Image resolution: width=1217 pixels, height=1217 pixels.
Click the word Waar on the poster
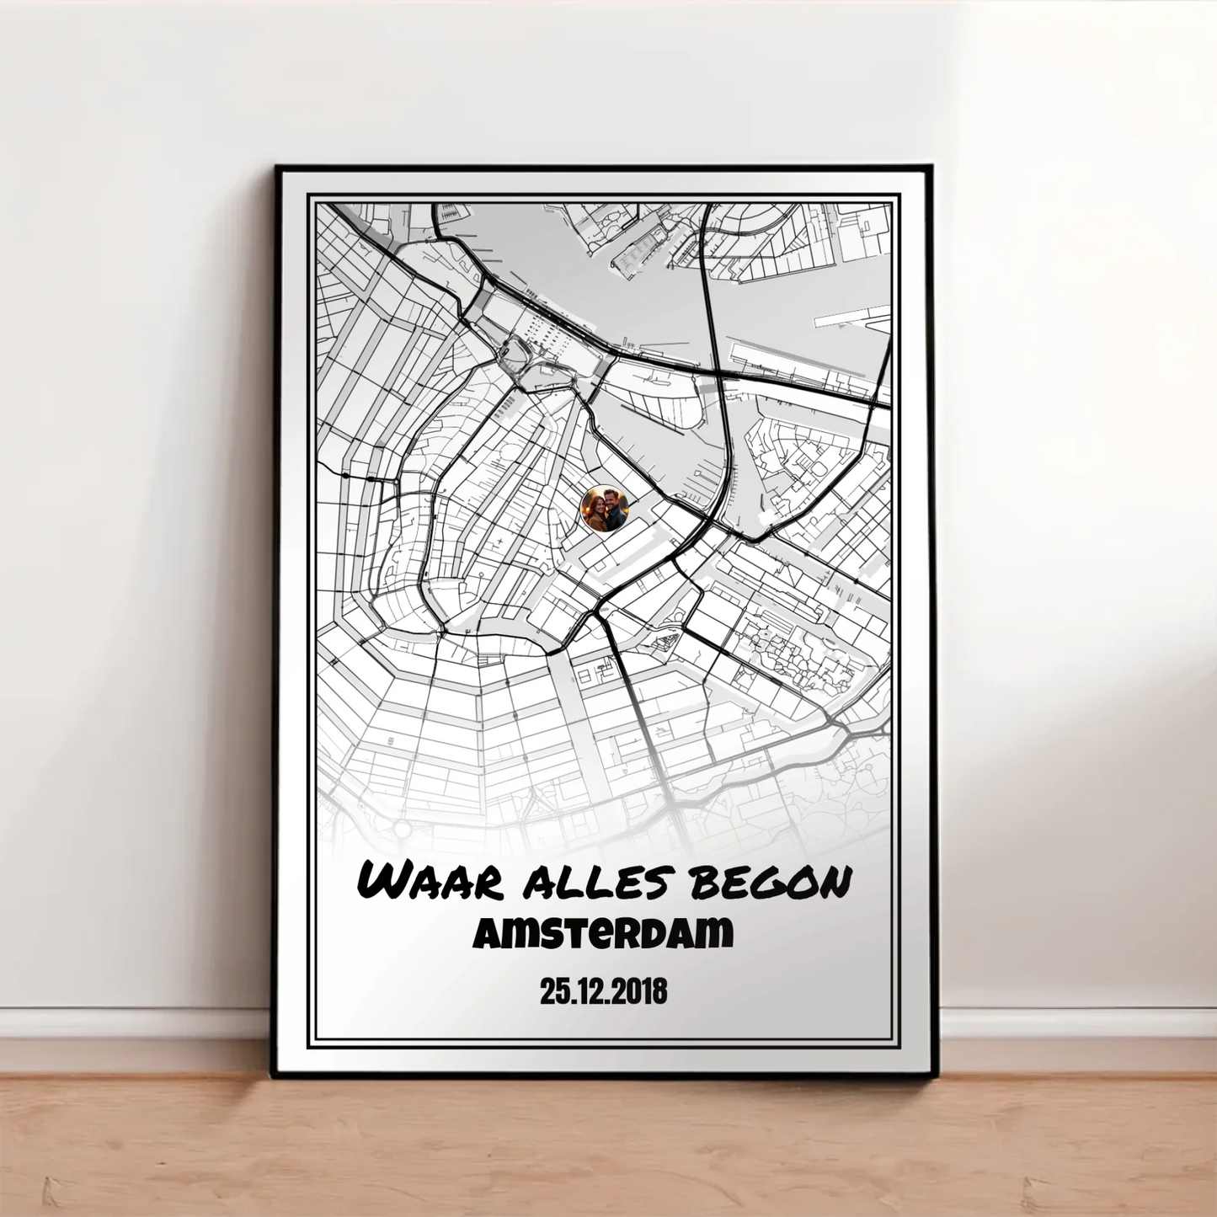pos(430,882)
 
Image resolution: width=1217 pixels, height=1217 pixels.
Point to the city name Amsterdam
pos(603,933)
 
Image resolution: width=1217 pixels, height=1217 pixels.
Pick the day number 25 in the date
pos(552,992)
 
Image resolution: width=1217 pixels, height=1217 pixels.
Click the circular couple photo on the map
pos(604,510)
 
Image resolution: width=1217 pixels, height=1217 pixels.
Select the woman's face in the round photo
pos(596,508)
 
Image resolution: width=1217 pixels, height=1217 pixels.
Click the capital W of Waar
pos(384,882)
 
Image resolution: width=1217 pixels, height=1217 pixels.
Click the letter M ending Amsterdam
pos(716,933)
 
